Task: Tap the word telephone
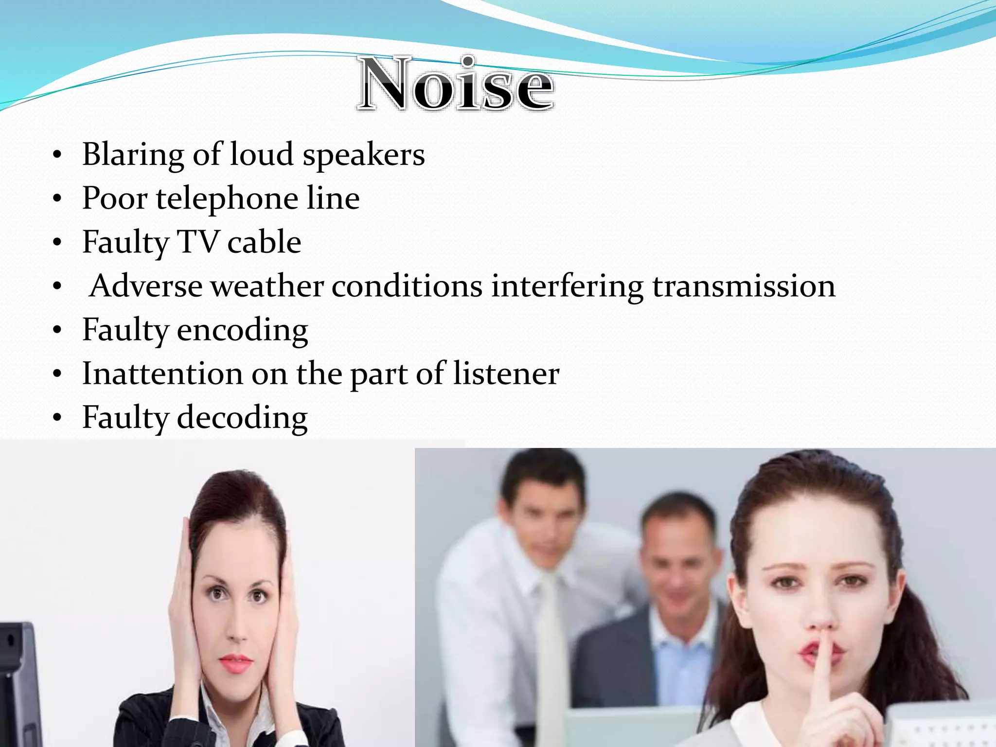click(x=227, y=199)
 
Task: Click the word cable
click(x=264, y=242)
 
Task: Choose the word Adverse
click(x=146, y=286)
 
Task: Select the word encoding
click(x=242, y=331)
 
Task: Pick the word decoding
click(x=242, y=418)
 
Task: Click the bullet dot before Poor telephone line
click(x=57, y=199)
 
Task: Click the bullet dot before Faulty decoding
click(x=57, y=418)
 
